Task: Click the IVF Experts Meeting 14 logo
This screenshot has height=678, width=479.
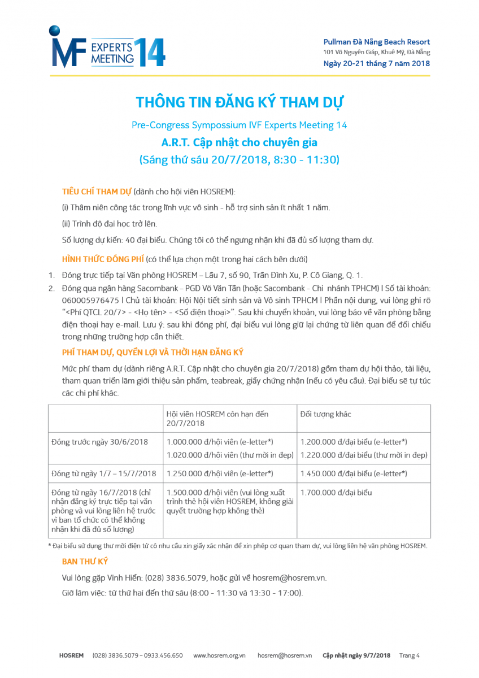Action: [x=107, y=48]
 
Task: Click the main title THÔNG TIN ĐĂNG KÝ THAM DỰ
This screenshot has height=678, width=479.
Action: [x=239, y=103]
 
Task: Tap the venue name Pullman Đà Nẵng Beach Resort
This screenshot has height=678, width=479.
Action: [x=376, y=42]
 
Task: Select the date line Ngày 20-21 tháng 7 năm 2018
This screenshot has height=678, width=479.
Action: [x=376, y=63]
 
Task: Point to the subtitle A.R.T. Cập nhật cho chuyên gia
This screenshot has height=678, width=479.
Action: [x=239, y=142]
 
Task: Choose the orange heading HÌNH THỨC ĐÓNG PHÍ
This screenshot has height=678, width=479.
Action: [x=102, y=259]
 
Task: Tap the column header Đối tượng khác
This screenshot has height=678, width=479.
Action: [x=325, y=414]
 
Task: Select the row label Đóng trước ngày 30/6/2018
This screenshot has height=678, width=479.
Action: [x=99, y=442]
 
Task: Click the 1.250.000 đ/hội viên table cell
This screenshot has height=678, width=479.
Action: [x=220, y=473]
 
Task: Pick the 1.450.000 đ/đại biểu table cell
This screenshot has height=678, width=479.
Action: [x=354, y=473]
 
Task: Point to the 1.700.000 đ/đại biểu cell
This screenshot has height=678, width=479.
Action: [x=336, y=493]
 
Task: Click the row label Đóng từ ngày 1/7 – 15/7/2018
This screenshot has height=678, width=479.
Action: [x=103, y=473]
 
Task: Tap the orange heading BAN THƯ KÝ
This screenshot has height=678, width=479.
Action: [x=85, y=561]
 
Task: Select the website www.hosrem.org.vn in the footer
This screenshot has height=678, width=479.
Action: [x=219, y=655]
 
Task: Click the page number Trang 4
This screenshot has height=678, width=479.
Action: [x=410, y=655]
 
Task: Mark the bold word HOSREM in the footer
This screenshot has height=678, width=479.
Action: [x=71, y=655]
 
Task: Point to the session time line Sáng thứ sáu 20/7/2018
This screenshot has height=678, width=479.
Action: [x=239, y=160]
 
